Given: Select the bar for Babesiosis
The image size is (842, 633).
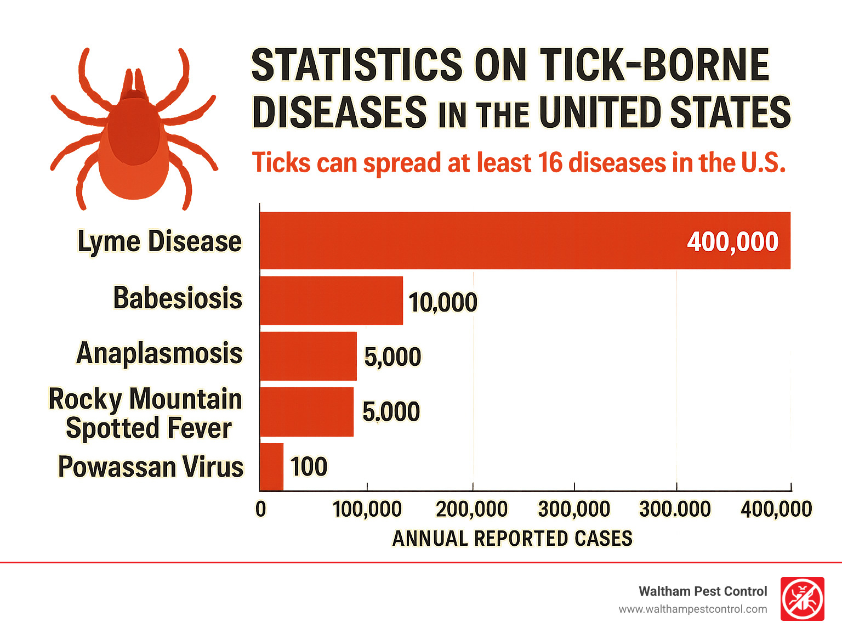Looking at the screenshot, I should point(332,301).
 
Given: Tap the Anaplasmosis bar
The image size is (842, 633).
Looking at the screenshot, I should point(309,356).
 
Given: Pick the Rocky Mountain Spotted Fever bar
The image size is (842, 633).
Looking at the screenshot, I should point(307,412).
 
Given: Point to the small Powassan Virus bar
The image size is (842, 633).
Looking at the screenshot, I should point(272,467).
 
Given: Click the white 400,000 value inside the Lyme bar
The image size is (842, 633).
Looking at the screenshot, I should point(732,242).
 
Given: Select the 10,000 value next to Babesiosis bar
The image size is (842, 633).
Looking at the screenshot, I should point(443,302).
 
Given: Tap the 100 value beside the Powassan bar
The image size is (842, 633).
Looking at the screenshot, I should point(309,467).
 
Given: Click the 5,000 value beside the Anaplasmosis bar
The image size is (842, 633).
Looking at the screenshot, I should point(392,357).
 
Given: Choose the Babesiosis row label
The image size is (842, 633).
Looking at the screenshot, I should point(178,298).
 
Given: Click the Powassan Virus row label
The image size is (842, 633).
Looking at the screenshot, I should point(151,467).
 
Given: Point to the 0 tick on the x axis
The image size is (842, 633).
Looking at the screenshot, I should point(261,509).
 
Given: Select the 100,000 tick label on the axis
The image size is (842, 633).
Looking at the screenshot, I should point(367,509).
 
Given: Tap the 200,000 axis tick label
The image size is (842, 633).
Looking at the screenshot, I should point(471,509).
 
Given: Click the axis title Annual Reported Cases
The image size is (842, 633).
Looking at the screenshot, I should point(513,539).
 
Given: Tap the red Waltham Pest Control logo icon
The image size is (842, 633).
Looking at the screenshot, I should point(803,599).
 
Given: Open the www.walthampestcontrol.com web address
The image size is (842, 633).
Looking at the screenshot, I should point(693,609).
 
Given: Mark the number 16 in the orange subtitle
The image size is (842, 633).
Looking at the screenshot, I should point(550,163).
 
